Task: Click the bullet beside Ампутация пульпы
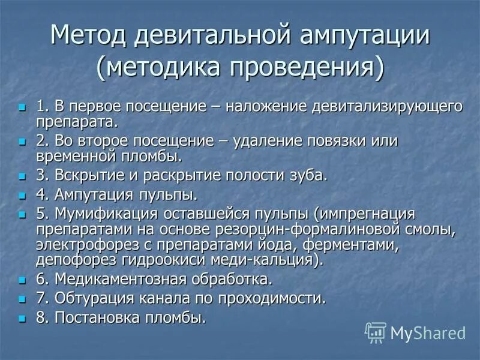(23, 196)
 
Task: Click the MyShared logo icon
(376, 332)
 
